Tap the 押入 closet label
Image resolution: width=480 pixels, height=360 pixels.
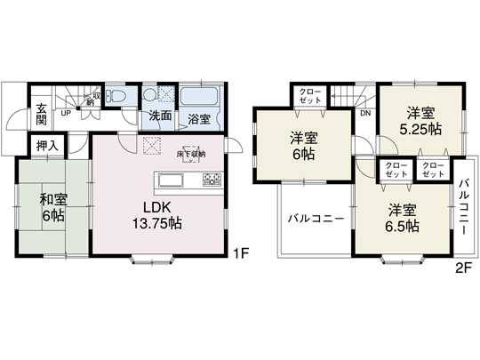[47, 145]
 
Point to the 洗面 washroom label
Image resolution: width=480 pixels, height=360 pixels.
[160, 116]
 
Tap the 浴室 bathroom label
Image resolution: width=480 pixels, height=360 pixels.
[199, 116]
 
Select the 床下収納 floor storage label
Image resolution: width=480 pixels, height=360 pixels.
[190, 154]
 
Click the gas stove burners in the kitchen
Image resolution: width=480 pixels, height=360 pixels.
[212, 180]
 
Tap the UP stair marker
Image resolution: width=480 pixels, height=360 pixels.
[66, 114]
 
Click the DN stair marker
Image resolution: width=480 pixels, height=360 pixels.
[365, 113]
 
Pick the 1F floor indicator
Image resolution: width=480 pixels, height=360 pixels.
[240, 253]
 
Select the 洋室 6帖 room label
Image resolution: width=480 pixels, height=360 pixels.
[304, 147]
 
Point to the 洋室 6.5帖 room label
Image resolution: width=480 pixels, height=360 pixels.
[403, 218]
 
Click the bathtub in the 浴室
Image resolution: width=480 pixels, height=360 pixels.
[201, 96]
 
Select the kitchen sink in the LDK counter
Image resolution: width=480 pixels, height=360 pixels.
[171, 181]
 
